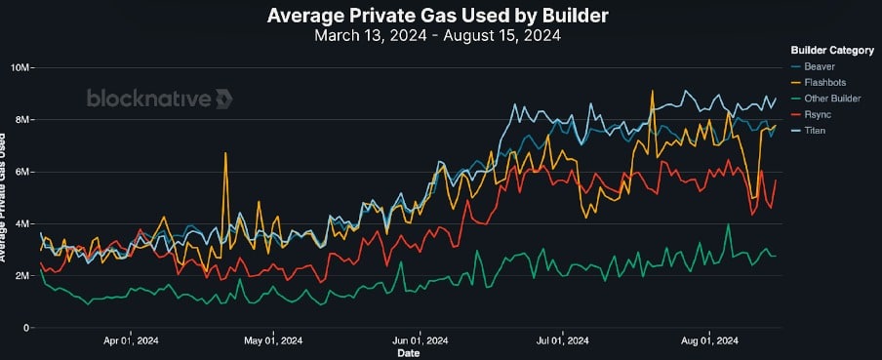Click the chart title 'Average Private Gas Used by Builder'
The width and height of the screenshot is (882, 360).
point(437,16)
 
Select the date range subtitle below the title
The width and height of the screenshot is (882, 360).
point(437,35)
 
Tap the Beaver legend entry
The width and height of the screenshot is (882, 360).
point(810,66)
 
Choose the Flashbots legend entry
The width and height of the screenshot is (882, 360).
point(818,83)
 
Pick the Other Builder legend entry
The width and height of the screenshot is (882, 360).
point(825,99)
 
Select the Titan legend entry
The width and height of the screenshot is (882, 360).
point(807,131)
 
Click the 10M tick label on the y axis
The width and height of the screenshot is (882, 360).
point(20,68)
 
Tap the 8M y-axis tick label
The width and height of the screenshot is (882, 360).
point(22,120)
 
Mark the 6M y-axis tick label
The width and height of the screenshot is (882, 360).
point(22,172)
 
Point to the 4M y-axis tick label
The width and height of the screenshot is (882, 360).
point(22,223)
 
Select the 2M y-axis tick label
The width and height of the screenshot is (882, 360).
point(22,276)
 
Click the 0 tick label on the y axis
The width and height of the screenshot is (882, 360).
point(27,328)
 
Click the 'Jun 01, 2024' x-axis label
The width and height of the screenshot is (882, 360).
point(421,340)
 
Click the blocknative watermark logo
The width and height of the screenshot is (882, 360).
point(159,99)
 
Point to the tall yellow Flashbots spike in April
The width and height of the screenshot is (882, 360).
point(225,153)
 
